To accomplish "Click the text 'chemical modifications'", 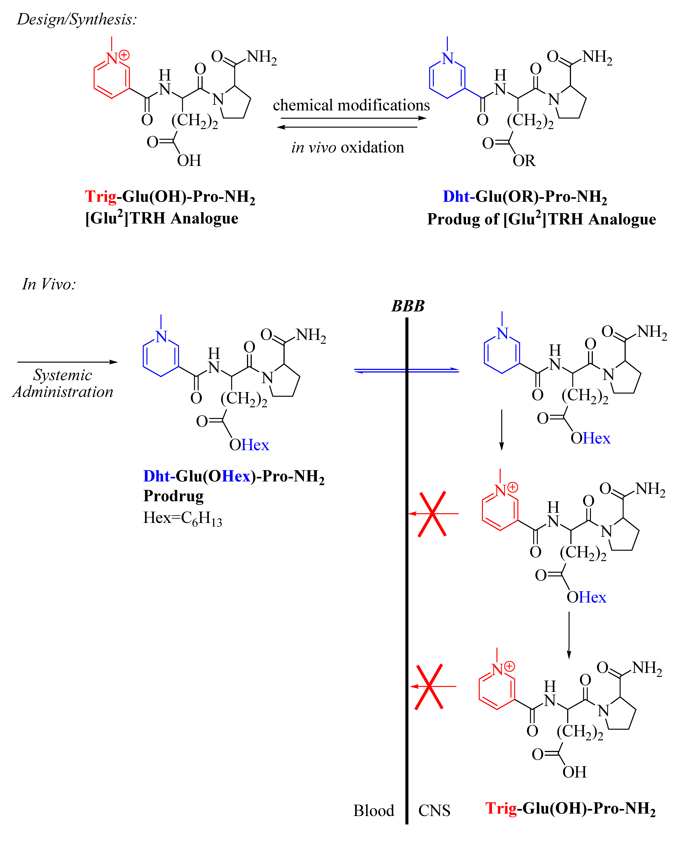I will click(x=351, y=105).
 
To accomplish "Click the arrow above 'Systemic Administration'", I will click(x=67, y=362).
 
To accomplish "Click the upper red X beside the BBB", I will click(x=432, y=514).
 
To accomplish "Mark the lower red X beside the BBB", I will click(x=429, y=687).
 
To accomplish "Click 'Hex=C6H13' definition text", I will click(x=182, y=519).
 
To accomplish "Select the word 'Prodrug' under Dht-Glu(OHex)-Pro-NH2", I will click(x=173, y=496).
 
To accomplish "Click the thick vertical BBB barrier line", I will click(x=407, y=586).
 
